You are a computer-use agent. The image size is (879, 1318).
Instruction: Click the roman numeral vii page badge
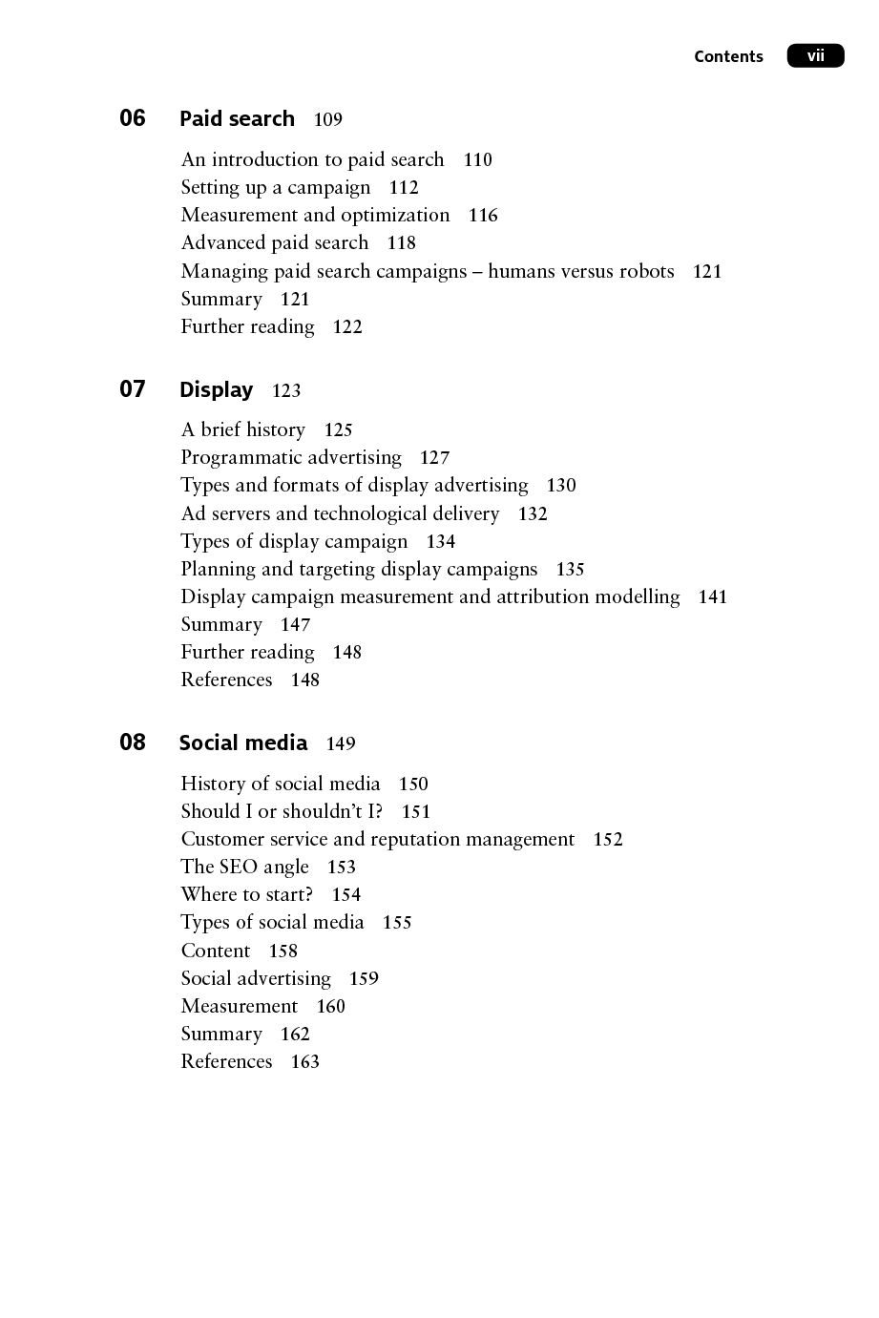point(815,56)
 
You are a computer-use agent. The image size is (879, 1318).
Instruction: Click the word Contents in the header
point(728,56)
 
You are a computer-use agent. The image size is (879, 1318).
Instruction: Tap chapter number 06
point(133,118)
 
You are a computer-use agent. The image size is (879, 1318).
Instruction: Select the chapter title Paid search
point(237,119)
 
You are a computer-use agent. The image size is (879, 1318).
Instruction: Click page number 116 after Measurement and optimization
point(483,216)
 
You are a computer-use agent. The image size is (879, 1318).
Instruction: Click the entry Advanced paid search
point(275,243)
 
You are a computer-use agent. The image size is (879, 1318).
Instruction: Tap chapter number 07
point(133,389)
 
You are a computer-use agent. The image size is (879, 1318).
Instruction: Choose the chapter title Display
point(217,390)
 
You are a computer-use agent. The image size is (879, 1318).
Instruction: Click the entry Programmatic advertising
point(291,458)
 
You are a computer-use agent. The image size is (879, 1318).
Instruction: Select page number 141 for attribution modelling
point(713,597)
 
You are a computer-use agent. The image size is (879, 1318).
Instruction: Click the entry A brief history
point(243,430)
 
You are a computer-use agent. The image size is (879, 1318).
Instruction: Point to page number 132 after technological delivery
point(533,514)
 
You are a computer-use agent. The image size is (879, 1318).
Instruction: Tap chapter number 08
point(133,743)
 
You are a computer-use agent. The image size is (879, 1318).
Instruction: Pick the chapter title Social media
point(243,743)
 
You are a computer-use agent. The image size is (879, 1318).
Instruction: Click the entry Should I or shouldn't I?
point(282,812)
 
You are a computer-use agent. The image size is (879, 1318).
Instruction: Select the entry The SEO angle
point(245,868)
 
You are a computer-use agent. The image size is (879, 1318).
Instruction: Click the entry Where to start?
point(247,895)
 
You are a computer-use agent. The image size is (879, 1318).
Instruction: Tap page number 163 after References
point(305,1062)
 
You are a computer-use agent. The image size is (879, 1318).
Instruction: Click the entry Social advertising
point(256,979)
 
